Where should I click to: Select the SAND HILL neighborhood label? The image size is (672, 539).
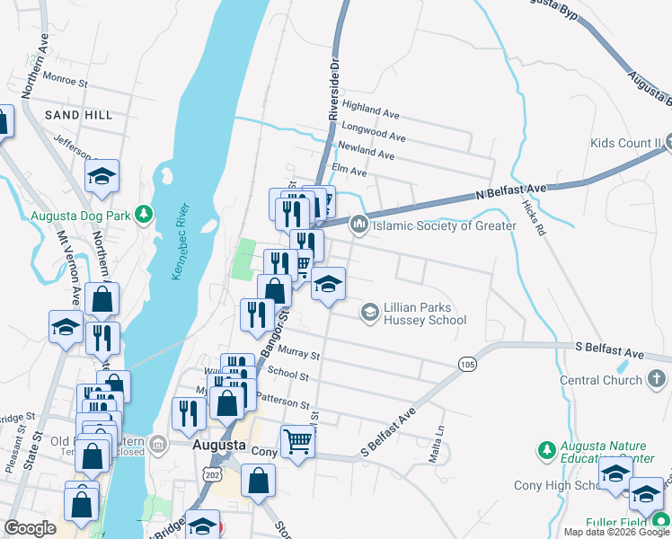[x=79, y=115]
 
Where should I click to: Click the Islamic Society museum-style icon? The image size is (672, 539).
[x=359, y=225]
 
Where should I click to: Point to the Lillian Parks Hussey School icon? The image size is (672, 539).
[x=368, y=313]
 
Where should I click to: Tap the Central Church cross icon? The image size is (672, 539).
[x=658, y=380]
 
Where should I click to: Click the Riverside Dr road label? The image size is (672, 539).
[x=334, y=90]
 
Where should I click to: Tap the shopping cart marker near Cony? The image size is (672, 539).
[x=297, y=441]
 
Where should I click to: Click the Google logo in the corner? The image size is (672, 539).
[x=31, y=528]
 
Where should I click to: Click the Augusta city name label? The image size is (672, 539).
[x=218, y=445]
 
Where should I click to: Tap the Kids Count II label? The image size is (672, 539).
[x=626, y=143]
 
